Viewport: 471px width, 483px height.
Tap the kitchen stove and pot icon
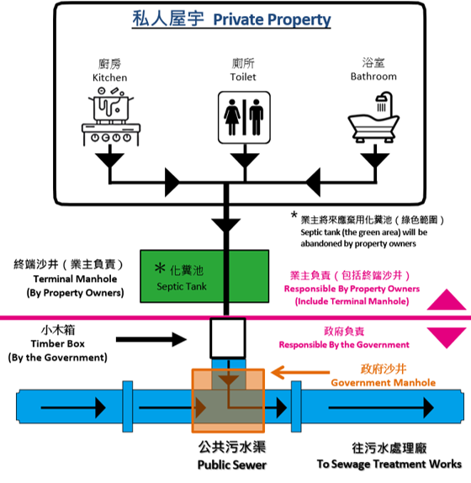point(111,116)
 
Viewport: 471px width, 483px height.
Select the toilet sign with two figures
point(244,117)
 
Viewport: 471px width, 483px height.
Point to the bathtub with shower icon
point(373,117)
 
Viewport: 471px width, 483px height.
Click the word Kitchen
point(109,77)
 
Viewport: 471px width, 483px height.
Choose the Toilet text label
point(243,77)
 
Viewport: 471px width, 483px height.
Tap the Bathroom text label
point(373,76)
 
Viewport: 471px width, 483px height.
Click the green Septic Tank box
point(204,276)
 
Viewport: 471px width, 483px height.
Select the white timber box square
point(228,338)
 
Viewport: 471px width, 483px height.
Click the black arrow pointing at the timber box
point(151,339)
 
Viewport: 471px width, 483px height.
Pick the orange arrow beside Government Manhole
point(300,372)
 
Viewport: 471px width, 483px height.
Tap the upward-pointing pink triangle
point(447,300)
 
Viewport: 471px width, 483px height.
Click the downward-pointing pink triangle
point(447,338)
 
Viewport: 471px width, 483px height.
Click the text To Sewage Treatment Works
point(389,464)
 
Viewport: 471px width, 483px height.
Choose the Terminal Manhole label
point(75,279)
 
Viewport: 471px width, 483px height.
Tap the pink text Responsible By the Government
point(344,344)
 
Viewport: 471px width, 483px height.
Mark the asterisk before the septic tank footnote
point(294,215)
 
